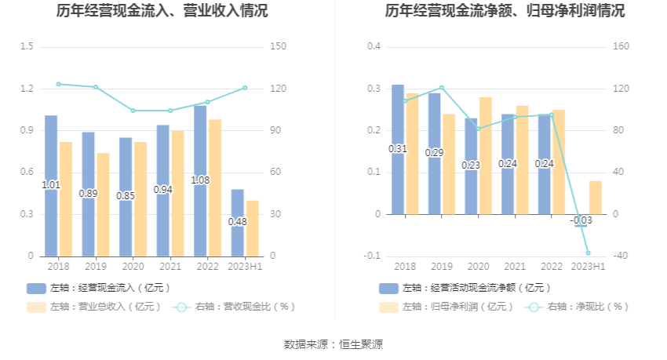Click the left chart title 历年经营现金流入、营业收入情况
click(162, 11)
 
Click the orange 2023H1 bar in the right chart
click(596, 197)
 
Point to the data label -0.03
click(581, 220)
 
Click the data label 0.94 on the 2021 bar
click(163, 189)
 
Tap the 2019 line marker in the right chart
click(441, 87)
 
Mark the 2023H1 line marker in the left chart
click(245, 88)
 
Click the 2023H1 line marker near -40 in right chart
click(588, 253)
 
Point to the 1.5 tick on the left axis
click(27, 47)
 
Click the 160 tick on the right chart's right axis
click(621, 47)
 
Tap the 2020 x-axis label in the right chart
click(478, 267)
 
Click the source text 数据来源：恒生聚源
click(333, 344)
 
